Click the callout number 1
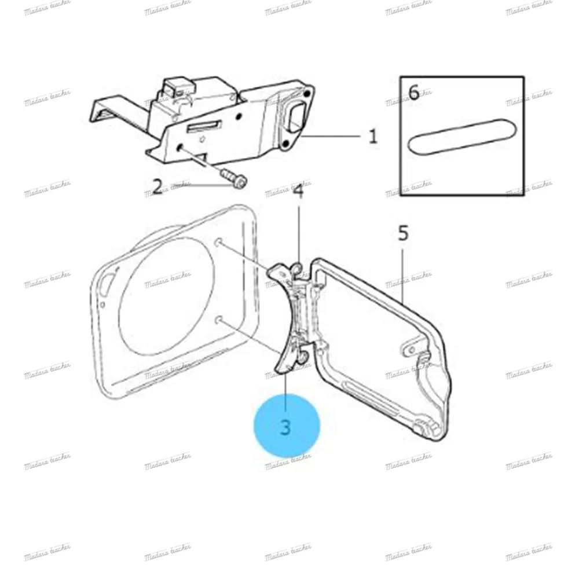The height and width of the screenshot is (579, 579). pos(373,137)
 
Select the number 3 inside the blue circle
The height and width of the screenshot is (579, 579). pos(286,427)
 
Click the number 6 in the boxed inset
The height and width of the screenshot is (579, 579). pos(413,93)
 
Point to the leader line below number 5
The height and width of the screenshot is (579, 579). pos(404,272)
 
